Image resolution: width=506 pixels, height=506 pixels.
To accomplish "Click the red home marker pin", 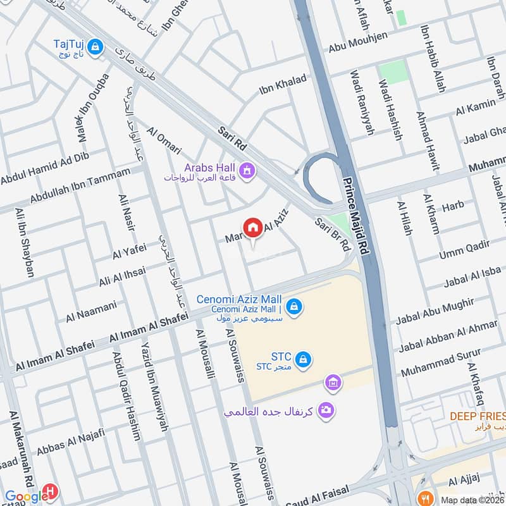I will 252,228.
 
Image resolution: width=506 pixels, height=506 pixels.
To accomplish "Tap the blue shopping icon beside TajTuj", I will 96,47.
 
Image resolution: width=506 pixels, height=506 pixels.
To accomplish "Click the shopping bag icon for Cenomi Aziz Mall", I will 293,307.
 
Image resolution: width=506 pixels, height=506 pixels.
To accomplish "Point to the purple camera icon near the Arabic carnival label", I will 326,410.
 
